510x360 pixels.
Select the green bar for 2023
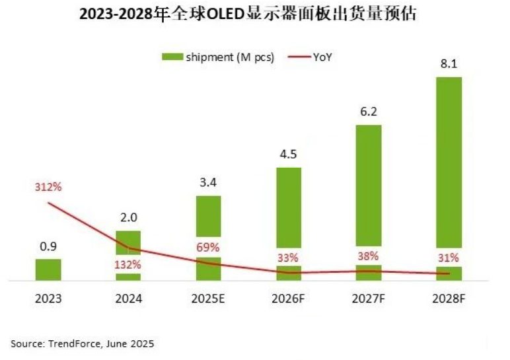[48, 270]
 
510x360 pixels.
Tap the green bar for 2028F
[449, 172]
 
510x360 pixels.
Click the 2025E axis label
[209, 299]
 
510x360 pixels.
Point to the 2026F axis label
[288, 299]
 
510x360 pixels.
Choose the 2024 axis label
[128, 299]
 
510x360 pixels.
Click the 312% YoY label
[48, 187]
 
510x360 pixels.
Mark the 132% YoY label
[127, 264]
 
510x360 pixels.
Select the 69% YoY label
[208, 248]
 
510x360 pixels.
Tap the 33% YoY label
[288, 258]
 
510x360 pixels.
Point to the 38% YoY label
[368, 256]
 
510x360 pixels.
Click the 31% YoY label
[449, 258]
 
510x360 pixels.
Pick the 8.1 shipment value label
[449, 65]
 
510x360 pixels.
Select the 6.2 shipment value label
[369, 112]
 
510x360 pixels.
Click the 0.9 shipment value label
[48, 246]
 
